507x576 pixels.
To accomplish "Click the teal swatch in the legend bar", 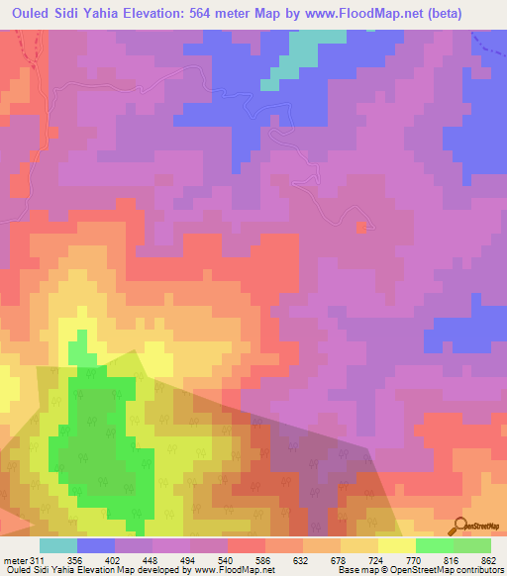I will point(58,545).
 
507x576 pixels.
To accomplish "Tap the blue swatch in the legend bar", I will point(96,545).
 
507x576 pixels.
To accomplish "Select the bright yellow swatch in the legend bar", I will point(397,545).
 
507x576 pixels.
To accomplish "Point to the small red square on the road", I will point(361,227).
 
